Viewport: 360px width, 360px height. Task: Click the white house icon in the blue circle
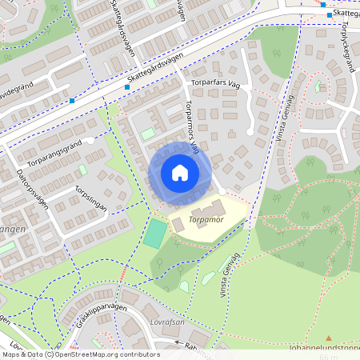click(180, 173)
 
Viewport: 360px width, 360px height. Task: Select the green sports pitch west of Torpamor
click(156, 232)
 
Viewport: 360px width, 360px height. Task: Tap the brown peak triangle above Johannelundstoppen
click(327, 338)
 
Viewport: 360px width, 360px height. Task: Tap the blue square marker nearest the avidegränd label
click(72, 101)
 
